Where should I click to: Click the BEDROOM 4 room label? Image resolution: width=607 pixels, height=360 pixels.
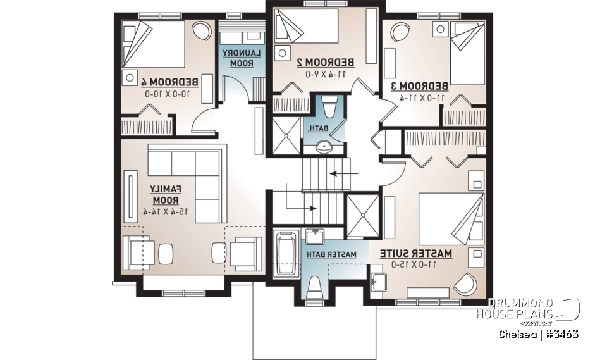(x=171, y=82)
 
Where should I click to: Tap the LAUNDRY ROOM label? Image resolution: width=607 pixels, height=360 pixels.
(x=237, y=58)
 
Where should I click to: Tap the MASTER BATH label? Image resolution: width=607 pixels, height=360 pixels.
(x=332, y=254)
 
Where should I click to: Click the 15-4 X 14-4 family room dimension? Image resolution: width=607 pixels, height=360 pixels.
(x=166, y=211)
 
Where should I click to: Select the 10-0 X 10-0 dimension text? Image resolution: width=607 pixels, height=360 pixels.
(x=171, y=94)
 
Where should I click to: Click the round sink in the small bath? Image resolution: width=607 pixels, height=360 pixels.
(x=326, y=147)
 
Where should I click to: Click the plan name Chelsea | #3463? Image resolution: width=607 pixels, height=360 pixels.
(x=538, y=334)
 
